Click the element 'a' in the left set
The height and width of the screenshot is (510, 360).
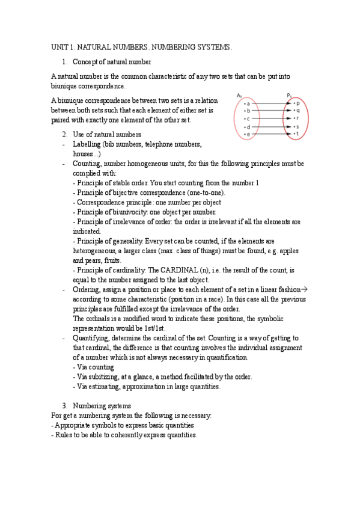point(248,103)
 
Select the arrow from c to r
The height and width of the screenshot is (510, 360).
point(270,119)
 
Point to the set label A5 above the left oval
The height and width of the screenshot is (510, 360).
point(239,95)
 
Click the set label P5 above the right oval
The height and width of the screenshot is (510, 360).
point(289,95)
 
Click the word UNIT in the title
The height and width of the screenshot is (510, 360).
point(59,47)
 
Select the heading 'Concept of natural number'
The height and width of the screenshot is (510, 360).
point(111,62)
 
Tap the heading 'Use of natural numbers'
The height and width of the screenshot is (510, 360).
point(106,134)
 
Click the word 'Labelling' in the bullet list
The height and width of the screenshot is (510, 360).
point(87,144)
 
